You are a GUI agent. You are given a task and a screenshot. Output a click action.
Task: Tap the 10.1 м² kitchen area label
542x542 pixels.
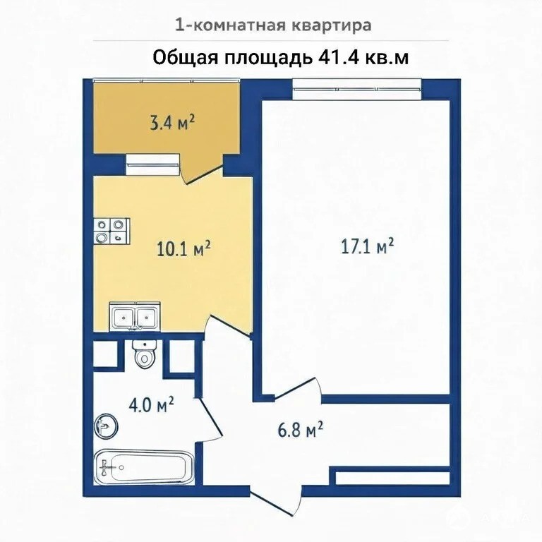(x=183, y=248)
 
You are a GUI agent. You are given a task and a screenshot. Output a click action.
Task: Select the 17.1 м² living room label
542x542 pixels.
(x=368, y=246)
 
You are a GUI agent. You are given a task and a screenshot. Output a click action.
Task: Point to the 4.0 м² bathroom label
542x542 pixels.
(x=151, y=405)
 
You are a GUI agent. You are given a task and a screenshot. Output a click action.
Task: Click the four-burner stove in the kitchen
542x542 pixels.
(x=112, y=231)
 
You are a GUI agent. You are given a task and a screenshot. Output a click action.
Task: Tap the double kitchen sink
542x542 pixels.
(x=135, y=316)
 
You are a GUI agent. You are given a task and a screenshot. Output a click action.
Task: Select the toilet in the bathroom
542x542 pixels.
(x=145, y=354)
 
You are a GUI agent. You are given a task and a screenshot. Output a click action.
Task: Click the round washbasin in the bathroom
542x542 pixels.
(x=106, y=426)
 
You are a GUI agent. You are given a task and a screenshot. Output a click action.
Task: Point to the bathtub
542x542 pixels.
(x=144, y=467)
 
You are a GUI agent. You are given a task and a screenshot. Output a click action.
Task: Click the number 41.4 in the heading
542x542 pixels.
(x=337, y=58)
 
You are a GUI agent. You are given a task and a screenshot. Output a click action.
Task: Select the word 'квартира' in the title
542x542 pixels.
(x=332, y=26)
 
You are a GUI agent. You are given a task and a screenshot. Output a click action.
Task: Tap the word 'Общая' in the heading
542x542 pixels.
(x=186, y=58)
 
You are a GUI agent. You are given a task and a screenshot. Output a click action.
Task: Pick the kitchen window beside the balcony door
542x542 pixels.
(x=152, y=164)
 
